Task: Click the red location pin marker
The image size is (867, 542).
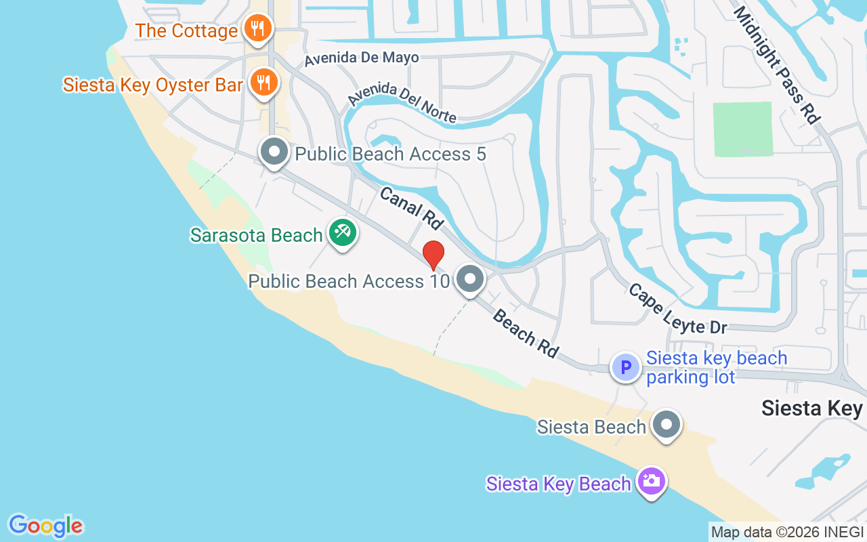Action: [x=433, y=255]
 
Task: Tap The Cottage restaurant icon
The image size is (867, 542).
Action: [x=258, y=28]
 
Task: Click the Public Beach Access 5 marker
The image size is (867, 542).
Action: [x=274, y=152]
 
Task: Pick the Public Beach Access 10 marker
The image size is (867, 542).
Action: [x=469, y=278]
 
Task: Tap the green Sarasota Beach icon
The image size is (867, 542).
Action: [x=343, y=233]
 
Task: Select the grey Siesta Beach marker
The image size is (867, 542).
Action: [x=667, y=425]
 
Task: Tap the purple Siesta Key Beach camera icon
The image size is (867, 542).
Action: [x=652, y=482]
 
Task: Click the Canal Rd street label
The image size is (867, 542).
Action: [x=411, y=207]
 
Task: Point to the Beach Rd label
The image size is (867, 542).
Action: [x=526, y=333]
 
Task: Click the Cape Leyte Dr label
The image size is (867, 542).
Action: [x=677, y=309]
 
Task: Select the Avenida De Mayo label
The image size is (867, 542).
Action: [x=361, y=58]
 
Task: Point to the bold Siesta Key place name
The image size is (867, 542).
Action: [x=811, y=408]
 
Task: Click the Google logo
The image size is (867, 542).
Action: [x=45, y=526]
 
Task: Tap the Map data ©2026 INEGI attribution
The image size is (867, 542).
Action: [x=787, y=533]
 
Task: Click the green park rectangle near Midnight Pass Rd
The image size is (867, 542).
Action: [x=742, y=129]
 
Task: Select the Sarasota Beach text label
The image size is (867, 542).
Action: [x=256, y=235]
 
